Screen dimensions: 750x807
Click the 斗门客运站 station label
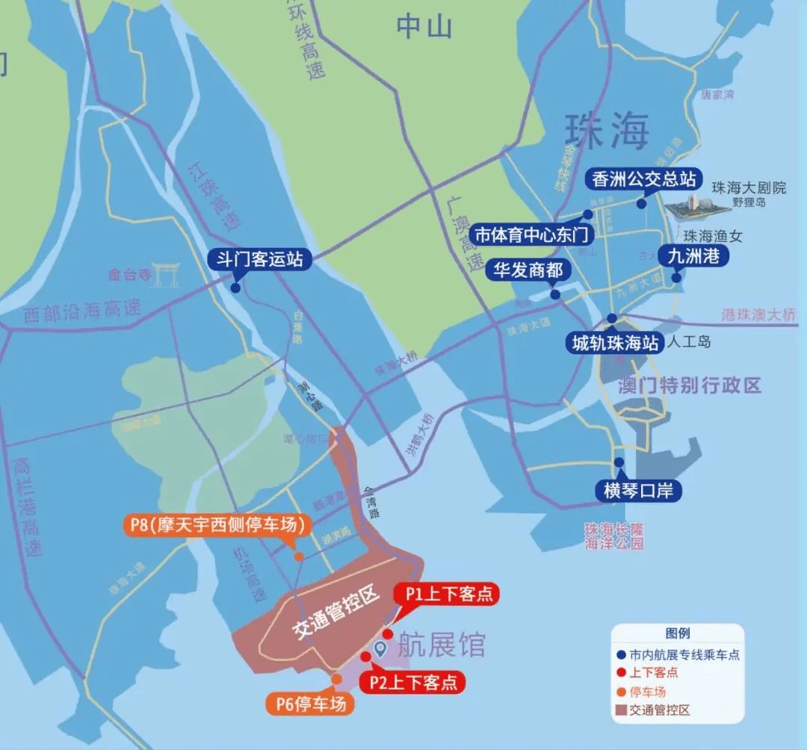(259, 259)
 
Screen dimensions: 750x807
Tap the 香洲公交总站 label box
(643, 179)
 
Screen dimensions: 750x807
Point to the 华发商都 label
(528, 270)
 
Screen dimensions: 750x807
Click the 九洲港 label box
(693, 255)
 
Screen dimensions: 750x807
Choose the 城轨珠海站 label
(615, 343)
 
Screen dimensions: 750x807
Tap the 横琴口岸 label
(637, 490)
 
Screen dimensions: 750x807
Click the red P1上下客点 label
(448, 594)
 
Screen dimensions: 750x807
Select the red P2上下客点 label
(412, 682)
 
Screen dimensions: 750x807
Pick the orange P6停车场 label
(312, 703)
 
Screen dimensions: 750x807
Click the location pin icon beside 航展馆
(380, 648)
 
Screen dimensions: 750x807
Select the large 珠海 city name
(606, 133)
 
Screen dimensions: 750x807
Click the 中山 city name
(424, 28)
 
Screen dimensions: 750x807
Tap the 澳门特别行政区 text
(690, 385)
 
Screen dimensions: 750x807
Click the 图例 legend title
(678, 633)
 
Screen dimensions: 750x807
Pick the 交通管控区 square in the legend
(621, 710)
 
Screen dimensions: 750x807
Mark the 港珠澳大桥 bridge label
(758, 314)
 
